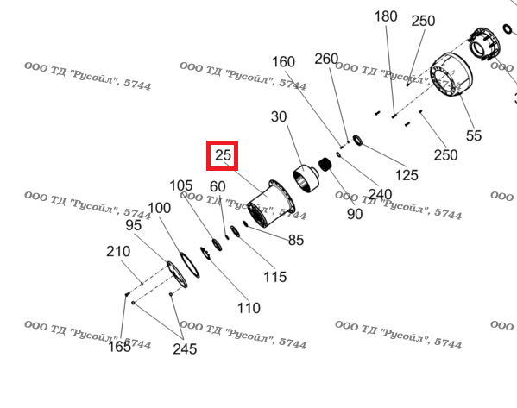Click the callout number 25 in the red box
223,155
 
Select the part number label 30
279,116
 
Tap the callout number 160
283,62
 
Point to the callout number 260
326,59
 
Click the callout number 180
386,16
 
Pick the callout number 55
474,135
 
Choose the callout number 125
407,175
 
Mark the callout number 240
380,194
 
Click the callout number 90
355,214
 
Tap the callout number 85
296,240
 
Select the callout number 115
275,277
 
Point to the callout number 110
249,308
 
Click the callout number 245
185,349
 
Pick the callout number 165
120,347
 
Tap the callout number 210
118,252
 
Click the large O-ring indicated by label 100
189,265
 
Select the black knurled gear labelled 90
325,165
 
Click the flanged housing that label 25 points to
271,204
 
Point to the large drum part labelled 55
451,75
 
